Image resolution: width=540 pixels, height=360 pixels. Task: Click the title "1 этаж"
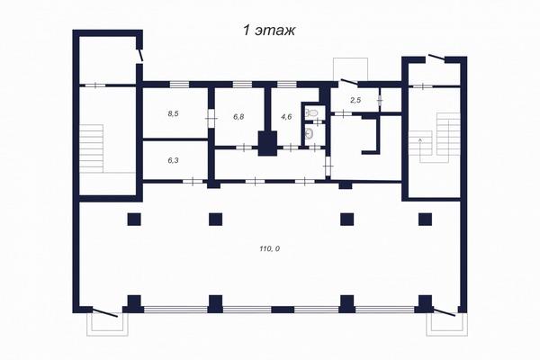click(x=269, y=30)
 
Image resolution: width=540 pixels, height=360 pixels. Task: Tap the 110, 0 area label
click(x=269, y=248)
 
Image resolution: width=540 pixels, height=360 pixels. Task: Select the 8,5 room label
click(x=173, y=113)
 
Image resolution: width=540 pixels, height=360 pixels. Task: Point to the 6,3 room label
click(x=173, y=160)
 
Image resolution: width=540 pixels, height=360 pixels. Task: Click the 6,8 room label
click(x=238, y=117)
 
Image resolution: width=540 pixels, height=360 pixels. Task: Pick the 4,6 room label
click(x=286, y=117)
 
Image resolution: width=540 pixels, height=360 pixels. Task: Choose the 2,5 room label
click(x=355, y=100)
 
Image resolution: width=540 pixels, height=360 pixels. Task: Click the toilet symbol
click(x=312, y=112)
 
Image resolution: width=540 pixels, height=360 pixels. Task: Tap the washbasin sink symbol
click(x=310, y=132)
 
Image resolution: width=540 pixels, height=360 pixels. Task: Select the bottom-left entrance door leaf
click(x=105, y=312)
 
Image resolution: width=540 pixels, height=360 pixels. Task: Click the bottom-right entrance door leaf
click(x=445, y=311)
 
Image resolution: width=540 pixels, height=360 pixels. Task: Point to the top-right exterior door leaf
click(x=436, y=58)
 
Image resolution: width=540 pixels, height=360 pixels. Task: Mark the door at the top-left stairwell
click(x=140, y=55)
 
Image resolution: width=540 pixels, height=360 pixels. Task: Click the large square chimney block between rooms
click(x=267, y=143)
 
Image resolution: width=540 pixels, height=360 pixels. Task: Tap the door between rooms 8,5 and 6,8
click(x=211, y=119)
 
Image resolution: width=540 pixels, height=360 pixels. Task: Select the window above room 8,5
click(x=179, y=84)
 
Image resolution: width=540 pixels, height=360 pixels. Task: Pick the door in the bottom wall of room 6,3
click(x=193, y=181)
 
